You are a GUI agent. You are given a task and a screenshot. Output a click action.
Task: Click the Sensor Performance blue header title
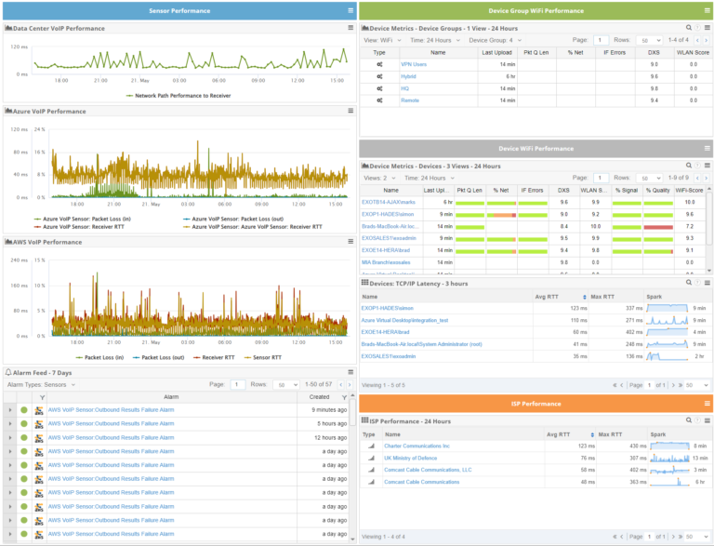pos(178,10)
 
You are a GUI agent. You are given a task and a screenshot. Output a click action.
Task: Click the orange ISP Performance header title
pos(535,404)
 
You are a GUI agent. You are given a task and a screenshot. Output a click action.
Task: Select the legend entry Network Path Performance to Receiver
pos(182,95)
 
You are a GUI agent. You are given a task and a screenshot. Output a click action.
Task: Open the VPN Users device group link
pos(414,64)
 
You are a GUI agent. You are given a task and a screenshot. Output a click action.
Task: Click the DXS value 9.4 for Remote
pos(654,100)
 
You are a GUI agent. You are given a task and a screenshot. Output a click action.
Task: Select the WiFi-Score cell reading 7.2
pos(689,226)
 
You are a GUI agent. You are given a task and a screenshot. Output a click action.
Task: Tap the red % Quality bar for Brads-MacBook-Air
pos(657,226)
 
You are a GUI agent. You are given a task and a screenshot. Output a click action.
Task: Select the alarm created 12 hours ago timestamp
pos(318,437)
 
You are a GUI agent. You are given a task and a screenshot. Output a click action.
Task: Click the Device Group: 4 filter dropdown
pos(496,40)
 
